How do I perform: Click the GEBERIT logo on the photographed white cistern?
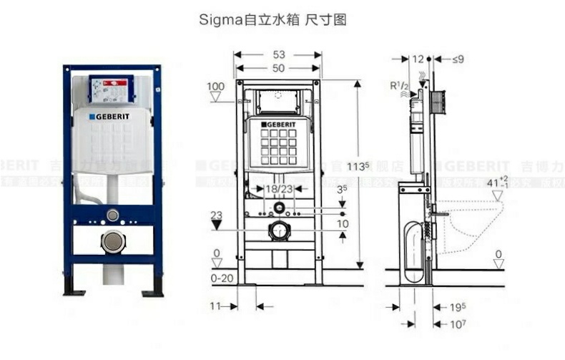[x=110, y=116]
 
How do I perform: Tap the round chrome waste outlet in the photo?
[x=113, y=242]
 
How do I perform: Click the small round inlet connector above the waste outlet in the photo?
[x=112, y=215]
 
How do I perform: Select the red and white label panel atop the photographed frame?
[x=111, y=89]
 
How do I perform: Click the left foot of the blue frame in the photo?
[x=72, y=290]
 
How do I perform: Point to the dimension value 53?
[x=278, y=54]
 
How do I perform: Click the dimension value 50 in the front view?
[x=278, y=68]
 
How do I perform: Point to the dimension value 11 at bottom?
[x=215, y=306]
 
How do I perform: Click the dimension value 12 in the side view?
[x=418, y=59]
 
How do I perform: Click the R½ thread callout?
[x=398, y=86]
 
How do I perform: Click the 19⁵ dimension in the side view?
[x=458, y=307]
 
